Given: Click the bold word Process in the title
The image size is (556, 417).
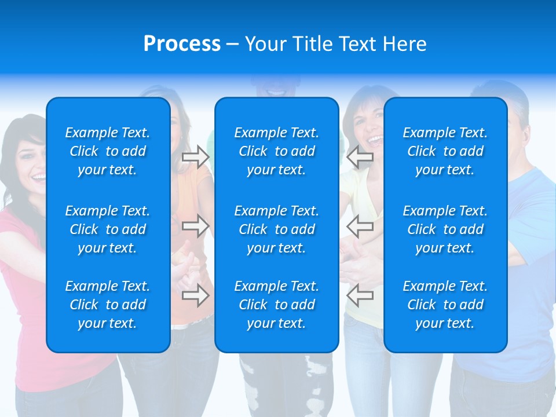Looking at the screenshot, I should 182,44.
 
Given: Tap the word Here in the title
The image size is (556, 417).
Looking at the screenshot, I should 404,44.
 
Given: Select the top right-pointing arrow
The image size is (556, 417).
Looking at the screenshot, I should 196,157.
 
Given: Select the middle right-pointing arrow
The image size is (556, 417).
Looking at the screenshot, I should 196,225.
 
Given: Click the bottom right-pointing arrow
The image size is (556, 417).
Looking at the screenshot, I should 196,295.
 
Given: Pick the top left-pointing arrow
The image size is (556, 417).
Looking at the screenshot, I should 360,157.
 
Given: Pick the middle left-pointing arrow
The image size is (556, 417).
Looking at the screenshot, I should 360,225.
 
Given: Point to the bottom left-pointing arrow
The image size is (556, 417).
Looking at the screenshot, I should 360,295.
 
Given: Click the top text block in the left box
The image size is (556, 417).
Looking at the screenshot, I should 108,151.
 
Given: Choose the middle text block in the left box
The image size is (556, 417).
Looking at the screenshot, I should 108,229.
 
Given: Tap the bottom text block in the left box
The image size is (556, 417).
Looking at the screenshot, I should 108,305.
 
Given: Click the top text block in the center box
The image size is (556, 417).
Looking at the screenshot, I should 276,151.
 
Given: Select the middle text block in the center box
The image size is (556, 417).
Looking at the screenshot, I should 276,229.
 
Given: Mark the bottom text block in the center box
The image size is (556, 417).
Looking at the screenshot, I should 276,305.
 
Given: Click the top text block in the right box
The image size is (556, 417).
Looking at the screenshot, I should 445,151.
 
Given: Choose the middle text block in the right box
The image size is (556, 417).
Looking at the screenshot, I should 445,229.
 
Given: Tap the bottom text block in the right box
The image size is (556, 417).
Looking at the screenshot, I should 445,305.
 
